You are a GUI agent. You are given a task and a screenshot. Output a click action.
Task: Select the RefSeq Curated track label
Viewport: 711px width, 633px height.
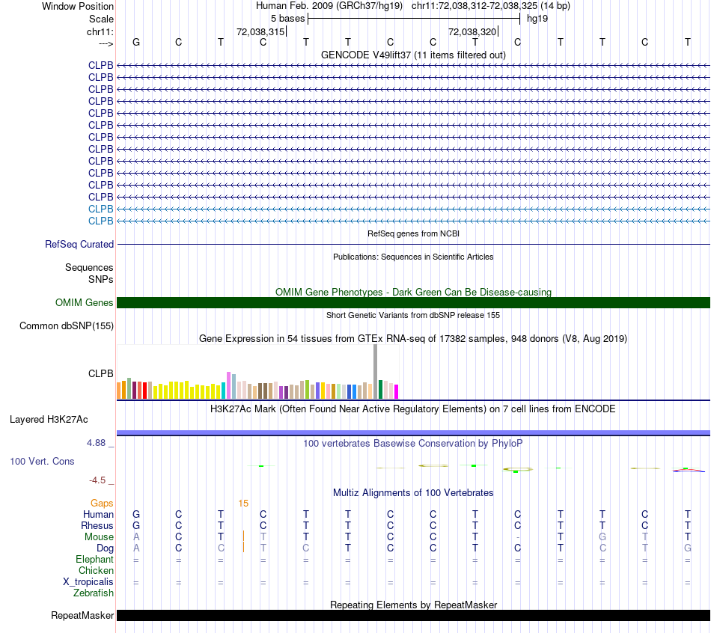(79, 244)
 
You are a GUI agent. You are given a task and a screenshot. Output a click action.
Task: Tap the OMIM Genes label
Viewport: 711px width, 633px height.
(85, 302)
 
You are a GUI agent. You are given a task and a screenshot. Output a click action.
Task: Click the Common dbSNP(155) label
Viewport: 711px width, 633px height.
(67, 325)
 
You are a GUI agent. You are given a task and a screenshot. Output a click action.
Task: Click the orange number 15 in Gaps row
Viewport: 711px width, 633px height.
(243, 503)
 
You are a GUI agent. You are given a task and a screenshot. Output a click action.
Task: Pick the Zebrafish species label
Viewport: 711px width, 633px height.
(94, 593)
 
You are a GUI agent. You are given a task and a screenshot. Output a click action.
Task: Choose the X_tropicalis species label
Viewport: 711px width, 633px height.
(88, 581)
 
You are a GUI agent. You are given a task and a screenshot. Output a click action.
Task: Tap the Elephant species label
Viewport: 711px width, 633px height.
(94, 559)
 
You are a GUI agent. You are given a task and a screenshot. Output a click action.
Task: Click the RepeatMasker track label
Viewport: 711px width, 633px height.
(82, 615)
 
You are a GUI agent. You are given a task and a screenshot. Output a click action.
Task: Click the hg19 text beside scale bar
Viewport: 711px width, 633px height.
(537, 18)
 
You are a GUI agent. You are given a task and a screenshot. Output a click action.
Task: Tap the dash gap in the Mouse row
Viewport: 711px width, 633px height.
(518, 536)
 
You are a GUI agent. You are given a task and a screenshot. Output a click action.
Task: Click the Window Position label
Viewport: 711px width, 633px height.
(78, 6)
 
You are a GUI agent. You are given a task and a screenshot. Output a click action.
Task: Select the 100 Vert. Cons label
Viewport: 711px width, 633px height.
(42, 461)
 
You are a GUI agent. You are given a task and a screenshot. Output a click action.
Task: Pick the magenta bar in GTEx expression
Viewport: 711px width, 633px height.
(396, 391)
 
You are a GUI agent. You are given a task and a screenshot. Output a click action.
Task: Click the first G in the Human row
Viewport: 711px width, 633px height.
(136, 514)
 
